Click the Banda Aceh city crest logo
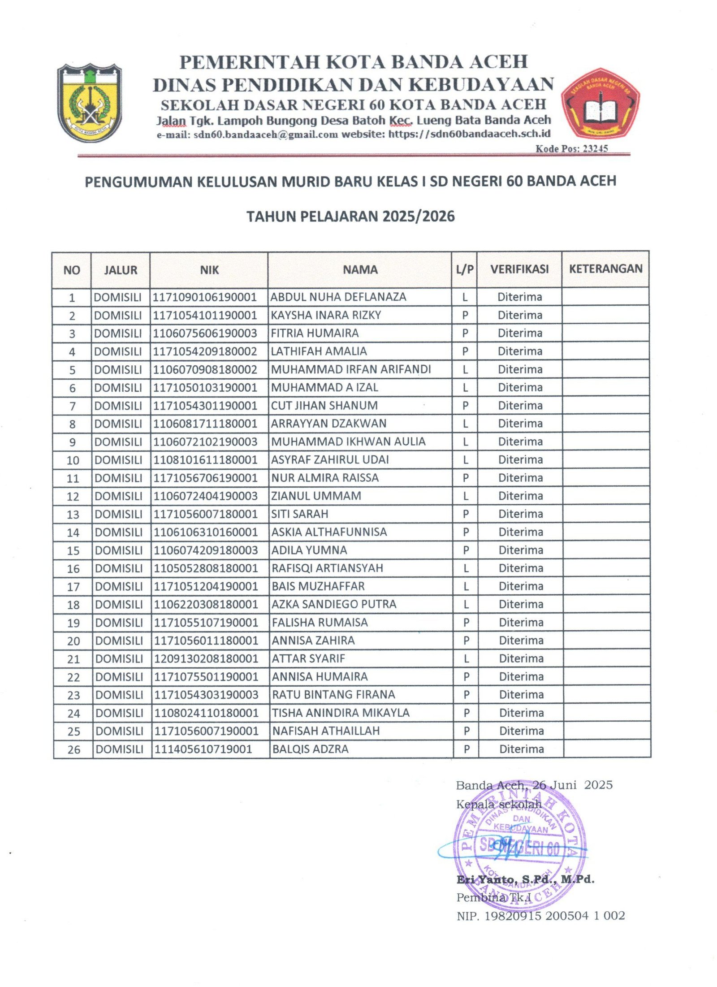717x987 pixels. (x=90, y=102)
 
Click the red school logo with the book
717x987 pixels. (x=600, y=104)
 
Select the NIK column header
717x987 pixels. (x=209, y=270)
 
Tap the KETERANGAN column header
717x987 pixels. (x=605, y=269)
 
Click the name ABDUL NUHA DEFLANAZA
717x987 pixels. (x=338, y=297)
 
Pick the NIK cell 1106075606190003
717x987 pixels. (x=205, y=333)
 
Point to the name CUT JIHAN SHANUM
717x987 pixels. (x=324, y=406)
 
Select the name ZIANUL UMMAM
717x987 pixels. (x=316, y=496)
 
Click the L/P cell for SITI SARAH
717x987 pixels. (x=466, y=514)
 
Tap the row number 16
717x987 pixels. (x=73, y=569)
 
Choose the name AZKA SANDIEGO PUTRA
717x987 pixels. (x=334, y=604)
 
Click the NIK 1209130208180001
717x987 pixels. (x=206, y=659)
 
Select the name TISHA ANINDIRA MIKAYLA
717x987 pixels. (x=341, y=713)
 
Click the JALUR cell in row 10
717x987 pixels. (x=118, y=460)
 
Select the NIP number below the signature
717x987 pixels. (x=540, y=916)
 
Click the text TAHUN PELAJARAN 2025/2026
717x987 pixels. (x=350, y=216)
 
